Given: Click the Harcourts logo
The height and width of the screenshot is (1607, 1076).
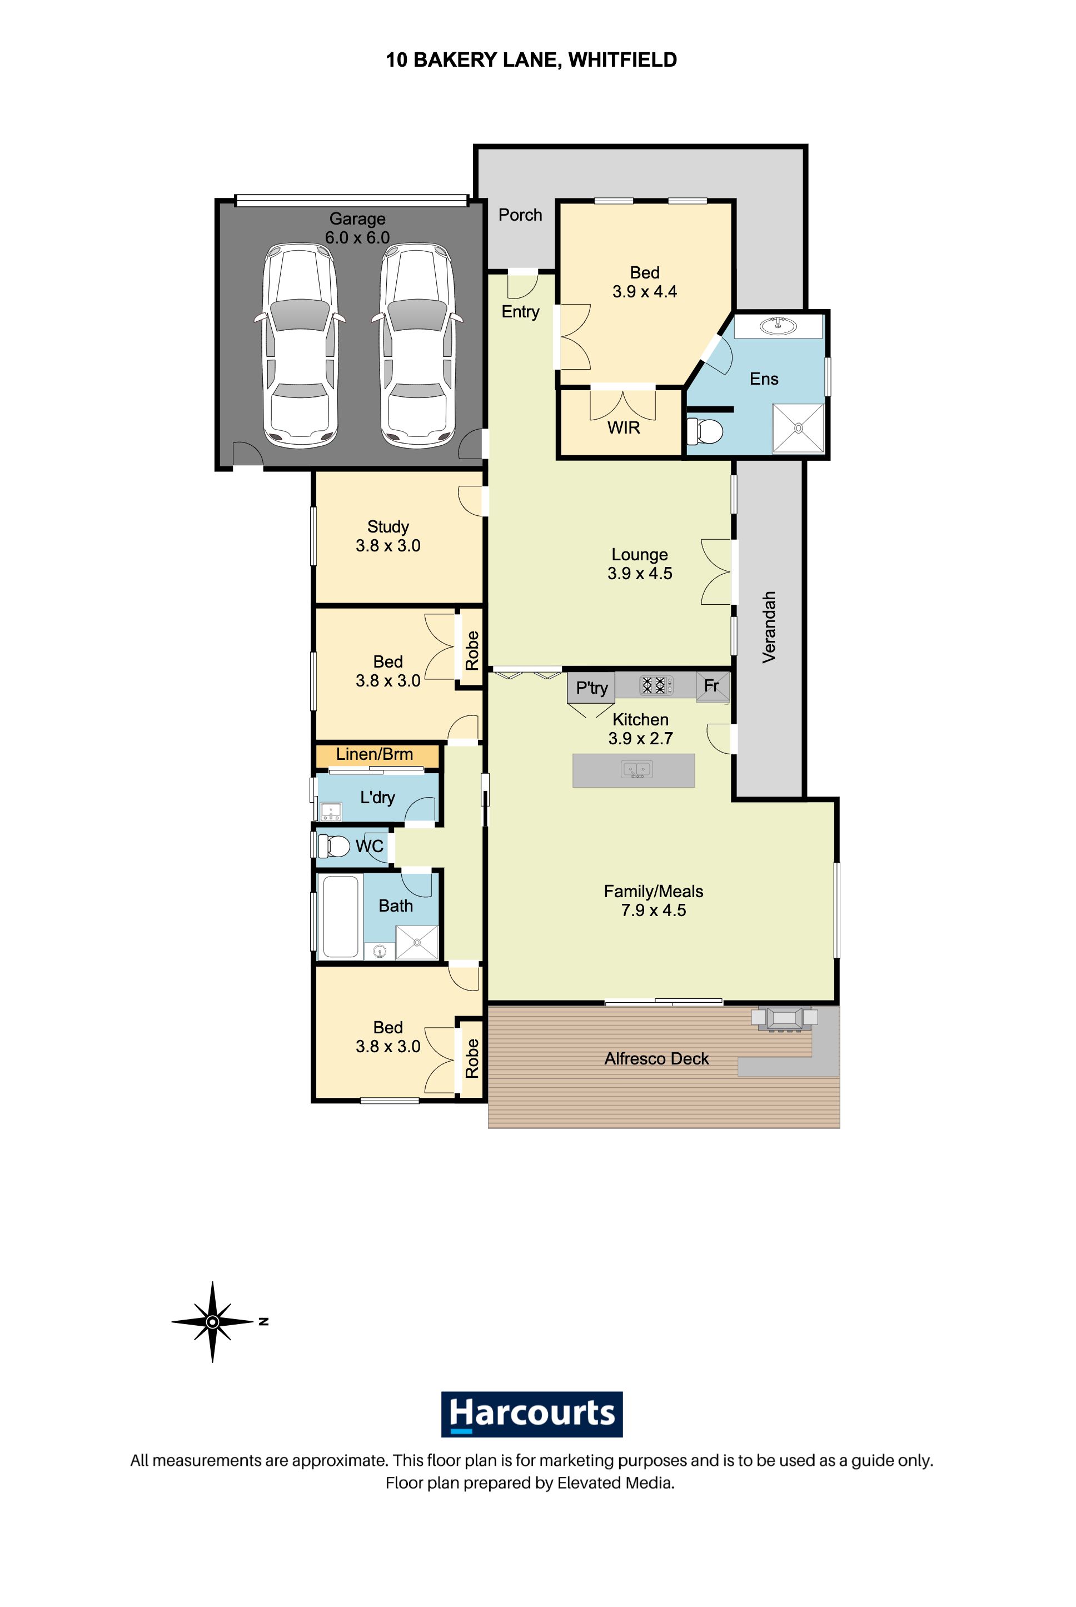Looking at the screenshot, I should point(531,1414).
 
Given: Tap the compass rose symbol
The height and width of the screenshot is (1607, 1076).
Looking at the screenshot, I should point(213,1321).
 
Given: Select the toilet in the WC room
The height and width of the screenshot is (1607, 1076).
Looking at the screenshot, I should point(336,845).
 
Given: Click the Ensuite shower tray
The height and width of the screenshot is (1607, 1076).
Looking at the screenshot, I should point(798,428).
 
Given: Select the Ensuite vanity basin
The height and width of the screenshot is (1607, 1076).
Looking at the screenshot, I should point(778,325).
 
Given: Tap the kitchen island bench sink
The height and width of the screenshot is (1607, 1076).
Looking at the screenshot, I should point(637,770).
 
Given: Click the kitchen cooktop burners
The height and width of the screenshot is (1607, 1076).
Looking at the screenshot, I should point(652,685).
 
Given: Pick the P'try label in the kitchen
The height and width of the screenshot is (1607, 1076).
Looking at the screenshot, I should point(591,688).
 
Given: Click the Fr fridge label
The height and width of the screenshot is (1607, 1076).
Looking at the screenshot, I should point(711,685).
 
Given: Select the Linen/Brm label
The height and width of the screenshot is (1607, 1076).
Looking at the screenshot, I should point(375,754).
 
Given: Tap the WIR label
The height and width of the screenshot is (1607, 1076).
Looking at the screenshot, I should point(623,427).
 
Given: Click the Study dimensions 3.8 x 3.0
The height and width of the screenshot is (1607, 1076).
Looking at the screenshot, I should point(388,545).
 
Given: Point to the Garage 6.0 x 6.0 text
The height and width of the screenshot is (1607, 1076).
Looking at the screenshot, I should point(357,237).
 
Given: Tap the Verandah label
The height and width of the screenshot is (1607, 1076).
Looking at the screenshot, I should point(769,626).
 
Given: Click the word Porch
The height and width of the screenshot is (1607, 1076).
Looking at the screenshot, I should point(520,215).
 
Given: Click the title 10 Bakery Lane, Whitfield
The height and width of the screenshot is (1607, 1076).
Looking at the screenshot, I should point(531,59).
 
